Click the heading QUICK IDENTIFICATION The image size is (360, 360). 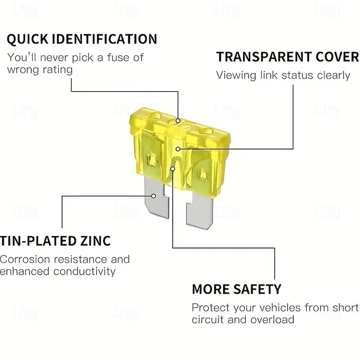(82, 39)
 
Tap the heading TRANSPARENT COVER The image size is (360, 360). (287, 57)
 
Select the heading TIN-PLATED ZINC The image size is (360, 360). (55, 241)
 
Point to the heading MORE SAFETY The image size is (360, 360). (236, 289)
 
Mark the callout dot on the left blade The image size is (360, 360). (154, 196)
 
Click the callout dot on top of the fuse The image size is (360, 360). (178, 121)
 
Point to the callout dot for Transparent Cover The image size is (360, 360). (178, 148)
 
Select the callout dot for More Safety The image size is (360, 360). (173, 169)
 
